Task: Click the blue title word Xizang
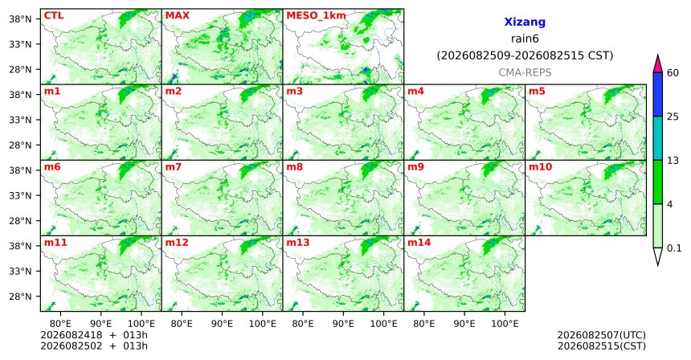click(x=525, y=22)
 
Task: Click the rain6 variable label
click(x=525, y=39)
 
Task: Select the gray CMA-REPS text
click(x=525, y=72)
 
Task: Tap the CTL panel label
click(x=54, y=16)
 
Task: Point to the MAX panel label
click(x=177, y=16)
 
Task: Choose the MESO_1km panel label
click(x=316, y=16)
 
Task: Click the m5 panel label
click(x=537, y=92)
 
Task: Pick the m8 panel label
click(x=295, y=167)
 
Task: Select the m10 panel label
click(x=540, y=167)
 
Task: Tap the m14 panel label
click(x=419, y=243)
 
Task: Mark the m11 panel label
click(x=55, y=243)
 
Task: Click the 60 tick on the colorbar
click(x=673, y=72)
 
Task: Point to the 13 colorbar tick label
click(x=673, y=161)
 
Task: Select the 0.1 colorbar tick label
click(x=674, y=248)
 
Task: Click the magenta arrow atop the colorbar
click(x=657, y=63)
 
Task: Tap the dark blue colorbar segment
click(x=657, y=94)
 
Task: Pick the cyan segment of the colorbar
click(x=657, y=138)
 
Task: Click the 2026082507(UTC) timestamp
click(x=602, y=336)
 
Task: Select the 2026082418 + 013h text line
click(x=94, y=336)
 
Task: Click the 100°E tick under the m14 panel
click(x=505, y=325)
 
